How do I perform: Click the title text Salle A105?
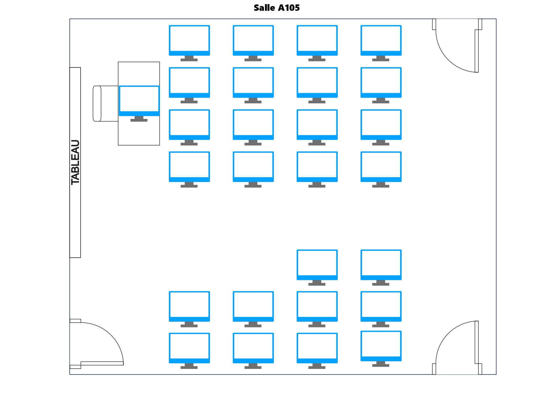(x=277, y=8)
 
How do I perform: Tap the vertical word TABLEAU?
(x=75, y=162)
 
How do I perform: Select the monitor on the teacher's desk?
(x=139, y=100)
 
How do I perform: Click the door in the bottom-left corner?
(x=95, y=344)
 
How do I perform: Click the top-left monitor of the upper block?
(x=189, y=40)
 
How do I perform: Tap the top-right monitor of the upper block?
(x=381, y=40)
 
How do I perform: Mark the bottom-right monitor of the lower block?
(x=381, y=345)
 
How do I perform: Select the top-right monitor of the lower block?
(x=381, y=264)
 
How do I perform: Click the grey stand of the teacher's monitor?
(x=139, y=119)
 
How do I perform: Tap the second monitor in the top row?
(x=253, y=40)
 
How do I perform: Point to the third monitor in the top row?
(x=317, y=40)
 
